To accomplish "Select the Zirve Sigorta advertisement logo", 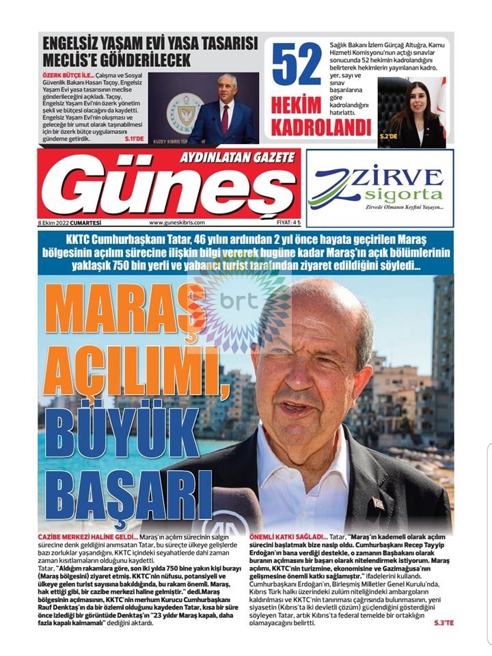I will (x=380, y=189).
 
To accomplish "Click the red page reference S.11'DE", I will (x=134, y=139).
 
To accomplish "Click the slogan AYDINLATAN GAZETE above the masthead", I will (x=236, y=157).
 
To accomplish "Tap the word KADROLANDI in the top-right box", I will (x=320, y=127).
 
